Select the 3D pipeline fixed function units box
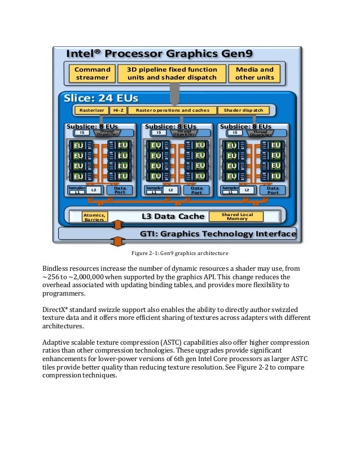(172, 73)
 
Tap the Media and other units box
(254, 73)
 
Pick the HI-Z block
(118, 111)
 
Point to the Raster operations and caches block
(172, 111)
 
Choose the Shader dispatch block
(243, 111)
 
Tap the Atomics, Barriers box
(94, 217)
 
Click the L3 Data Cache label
(168, 217)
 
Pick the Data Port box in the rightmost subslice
(273, 190)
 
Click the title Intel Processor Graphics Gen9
(160, 54)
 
